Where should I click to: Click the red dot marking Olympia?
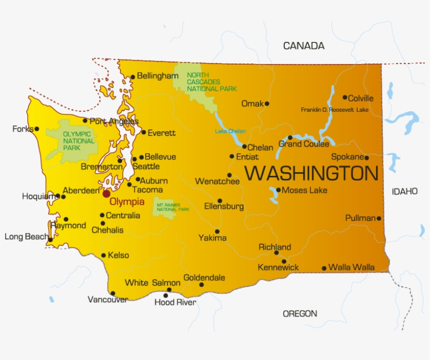(x=106, y=194)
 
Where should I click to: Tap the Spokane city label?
(x=347, y=157)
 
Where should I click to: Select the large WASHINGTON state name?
(x=311, y=173)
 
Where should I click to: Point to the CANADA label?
(x=304, y=46)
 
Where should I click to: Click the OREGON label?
(x=300, y=314)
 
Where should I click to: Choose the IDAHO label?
(x=405, y=192)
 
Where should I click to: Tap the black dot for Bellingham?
(x=133, y=77)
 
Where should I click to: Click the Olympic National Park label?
(x=79, y=141)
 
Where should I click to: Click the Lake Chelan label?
(x=230, y=131)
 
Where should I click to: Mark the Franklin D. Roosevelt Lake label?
(x=335, y=110)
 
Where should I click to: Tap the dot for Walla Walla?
(x=324, y=268)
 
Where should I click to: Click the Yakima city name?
(x=212, y=238)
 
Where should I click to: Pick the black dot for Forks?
(x=37, y=129)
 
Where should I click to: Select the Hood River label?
(x=175, y=303)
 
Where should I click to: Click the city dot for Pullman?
(x=379, y=218)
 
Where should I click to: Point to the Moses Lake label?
(x=304, y=190)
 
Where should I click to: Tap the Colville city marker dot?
(x=345, y=97)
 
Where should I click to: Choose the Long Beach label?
(x=26, y=237)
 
